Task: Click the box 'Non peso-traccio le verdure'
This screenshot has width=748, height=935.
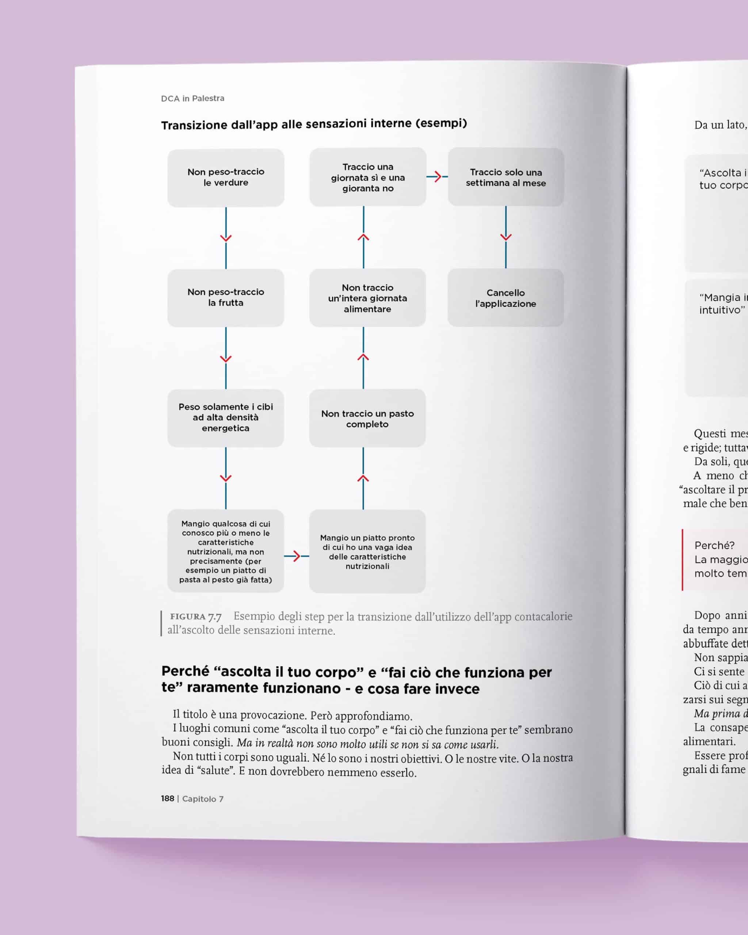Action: tap(225, 178)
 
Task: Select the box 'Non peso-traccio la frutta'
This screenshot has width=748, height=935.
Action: tap(225, 298)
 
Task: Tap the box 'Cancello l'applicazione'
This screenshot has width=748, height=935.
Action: tap(505, 298)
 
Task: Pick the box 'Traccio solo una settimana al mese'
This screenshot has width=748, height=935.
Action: tap(505, 178)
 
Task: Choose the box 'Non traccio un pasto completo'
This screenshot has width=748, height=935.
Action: tap(367, 419)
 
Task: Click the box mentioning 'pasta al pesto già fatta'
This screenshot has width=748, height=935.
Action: tap(225, 551)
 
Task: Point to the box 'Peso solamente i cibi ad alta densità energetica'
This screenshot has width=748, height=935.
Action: tap(225, 417)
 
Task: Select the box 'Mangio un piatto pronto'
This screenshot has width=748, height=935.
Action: tap(367, 552)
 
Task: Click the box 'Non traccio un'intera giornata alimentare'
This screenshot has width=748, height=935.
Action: tap(367, 298)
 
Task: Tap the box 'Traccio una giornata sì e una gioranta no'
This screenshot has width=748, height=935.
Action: tap(368, 178)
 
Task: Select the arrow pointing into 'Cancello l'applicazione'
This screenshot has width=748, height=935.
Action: tap(505, 237)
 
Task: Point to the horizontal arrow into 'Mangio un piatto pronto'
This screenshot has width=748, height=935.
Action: tap(296, 556)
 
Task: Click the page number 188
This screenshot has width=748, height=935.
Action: tap(167, 799)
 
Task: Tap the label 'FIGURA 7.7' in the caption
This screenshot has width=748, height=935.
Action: tap(195, 617)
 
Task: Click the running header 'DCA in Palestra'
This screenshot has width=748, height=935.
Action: tap(192, 99)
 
